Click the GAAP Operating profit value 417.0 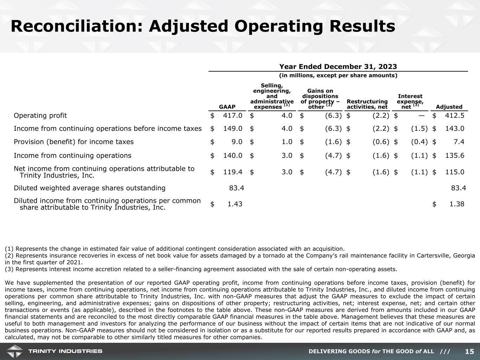(x=233, y=116)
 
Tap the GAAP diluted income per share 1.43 (x=235, y=204)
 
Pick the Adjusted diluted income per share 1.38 (x=457, y=204)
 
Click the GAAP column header (x=227, y=107)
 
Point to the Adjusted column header (x=449, y=107)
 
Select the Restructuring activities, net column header (x=367, y=104)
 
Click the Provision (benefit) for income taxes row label (x=73, y=142)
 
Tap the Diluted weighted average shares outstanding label (x=89, y=188)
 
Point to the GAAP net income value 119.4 (x=233, y=172)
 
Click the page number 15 (x=469, y=352)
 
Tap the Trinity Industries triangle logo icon (x=14, y=351)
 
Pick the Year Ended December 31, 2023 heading (x=338, y=67)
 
